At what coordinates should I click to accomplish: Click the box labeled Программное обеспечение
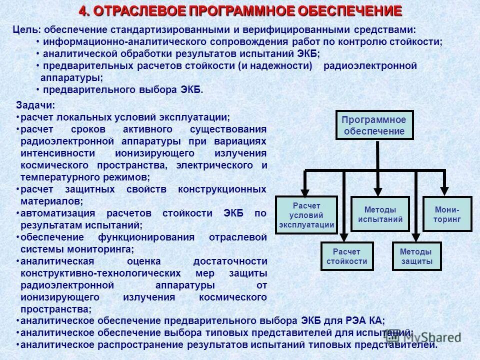(x=374, y=125)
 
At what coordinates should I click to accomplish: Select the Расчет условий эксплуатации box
(x=306, y=214)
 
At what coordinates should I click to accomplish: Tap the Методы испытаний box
(x=380, y=214)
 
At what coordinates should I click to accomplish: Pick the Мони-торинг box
(x=447, y=214)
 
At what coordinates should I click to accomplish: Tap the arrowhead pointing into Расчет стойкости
(x=344, y=237)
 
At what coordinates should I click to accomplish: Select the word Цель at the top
(x=24, y=30)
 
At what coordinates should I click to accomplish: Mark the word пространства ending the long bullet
(x=55, y=308)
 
